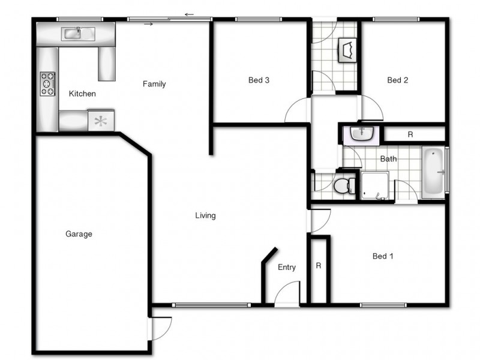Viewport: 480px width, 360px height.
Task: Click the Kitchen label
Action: coord(82,94)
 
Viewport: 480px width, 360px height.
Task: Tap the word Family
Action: coord(154,84)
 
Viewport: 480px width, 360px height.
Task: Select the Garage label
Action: coord(79,234)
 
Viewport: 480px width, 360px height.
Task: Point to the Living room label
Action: coord(205,215)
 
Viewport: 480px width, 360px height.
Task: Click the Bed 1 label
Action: coord(383,256)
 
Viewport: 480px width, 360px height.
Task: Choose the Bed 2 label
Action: coord(397,80)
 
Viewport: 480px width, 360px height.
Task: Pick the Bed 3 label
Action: coord(259,80)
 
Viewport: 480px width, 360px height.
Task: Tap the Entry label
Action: coord(286,268)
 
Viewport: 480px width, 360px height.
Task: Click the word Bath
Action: coord(388,159)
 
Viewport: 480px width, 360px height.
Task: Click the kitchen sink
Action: coord(75,33)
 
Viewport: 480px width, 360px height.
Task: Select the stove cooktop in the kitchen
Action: coord(47,84)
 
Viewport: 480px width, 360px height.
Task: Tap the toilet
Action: coord(343,185)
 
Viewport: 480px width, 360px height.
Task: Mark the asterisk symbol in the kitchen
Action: coord(101,121)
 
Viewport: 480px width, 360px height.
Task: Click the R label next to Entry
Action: coord(318,265)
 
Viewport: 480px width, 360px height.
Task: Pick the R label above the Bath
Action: coord(410,134)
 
